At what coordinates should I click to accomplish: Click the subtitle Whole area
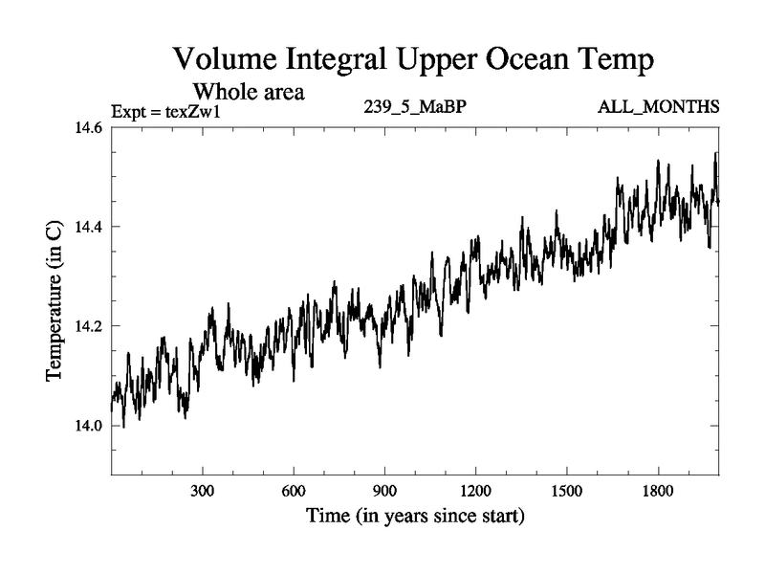tap(249, 93)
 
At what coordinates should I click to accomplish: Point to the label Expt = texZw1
tap(166, 111)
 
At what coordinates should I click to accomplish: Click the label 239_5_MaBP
tap(415, 106)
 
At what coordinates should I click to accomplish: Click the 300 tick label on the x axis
tap(203, 491)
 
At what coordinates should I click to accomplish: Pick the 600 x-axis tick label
tap(294, 491)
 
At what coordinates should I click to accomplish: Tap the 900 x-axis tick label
tap(384, 491)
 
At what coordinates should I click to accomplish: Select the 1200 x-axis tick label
tap(475, 491)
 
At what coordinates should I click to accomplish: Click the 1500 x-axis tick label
tap(566, 491)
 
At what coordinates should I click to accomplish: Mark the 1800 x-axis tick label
tap(657, 491)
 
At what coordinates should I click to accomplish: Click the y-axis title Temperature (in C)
tap(55, 302)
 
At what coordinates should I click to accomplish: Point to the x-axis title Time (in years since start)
tap(415, 517)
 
